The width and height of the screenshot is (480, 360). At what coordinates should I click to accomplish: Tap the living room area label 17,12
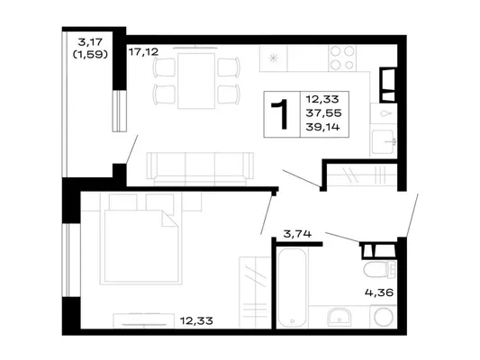(x=143, y=52)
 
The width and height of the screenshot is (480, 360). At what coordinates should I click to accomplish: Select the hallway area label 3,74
(x=297, y=234)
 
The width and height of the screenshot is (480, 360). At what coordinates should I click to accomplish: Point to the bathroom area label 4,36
(x=379, y=292)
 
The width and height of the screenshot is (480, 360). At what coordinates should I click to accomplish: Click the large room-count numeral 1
(x=279, y=114)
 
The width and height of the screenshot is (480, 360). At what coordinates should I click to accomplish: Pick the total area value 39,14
(x=323, y=127)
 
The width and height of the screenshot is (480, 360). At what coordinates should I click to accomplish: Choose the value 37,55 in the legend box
(x=323, y=113)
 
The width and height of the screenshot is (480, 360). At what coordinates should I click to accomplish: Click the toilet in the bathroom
(x=380, y=269)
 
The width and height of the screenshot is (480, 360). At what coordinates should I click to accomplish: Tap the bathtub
(x=292, y=288)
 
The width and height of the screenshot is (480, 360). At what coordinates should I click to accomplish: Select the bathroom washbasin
(x=340, y=317)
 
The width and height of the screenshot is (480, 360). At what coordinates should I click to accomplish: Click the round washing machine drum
(x=384, y=317)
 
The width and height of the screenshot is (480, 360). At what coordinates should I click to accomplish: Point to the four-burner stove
(x=342, y=58)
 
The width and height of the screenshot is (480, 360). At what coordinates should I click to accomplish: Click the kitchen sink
(x=383, y=141)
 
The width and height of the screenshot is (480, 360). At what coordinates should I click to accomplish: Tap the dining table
(x=196, y=81)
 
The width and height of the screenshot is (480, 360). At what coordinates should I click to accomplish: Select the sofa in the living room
(x=200, y=169)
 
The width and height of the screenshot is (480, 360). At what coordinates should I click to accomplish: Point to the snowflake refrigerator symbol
(x=273, y=58)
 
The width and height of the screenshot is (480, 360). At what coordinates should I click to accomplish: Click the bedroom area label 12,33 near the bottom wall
(x=196, y=320)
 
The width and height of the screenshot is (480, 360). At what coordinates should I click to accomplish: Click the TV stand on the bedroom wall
(x=143, y=320)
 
